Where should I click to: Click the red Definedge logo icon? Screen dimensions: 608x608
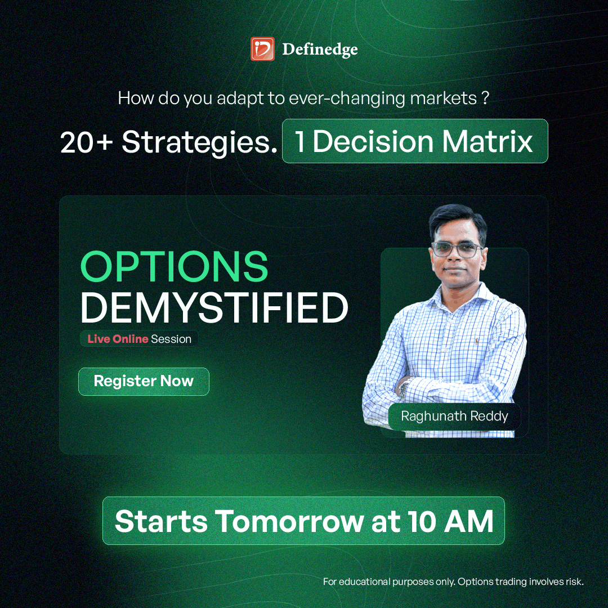point(262,49)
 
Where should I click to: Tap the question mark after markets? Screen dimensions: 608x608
point(485,98)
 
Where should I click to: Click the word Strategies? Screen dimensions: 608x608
point(200,143)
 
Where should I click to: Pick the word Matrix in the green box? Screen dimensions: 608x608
point(488,141)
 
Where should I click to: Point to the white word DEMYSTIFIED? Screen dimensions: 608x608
point(214,307)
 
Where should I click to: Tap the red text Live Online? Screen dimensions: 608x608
point(118,339)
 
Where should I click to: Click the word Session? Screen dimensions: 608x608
point(171,339)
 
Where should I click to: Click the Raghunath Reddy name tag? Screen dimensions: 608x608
point(454,417)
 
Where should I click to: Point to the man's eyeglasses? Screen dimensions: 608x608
point(457,249)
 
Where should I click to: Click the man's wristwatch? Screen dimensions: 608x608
point(404,388)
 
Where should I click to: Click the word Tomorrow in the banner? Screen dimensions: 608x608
point(289,521)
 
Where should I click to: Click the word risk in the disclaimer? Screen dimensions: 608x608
point(574,582)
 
